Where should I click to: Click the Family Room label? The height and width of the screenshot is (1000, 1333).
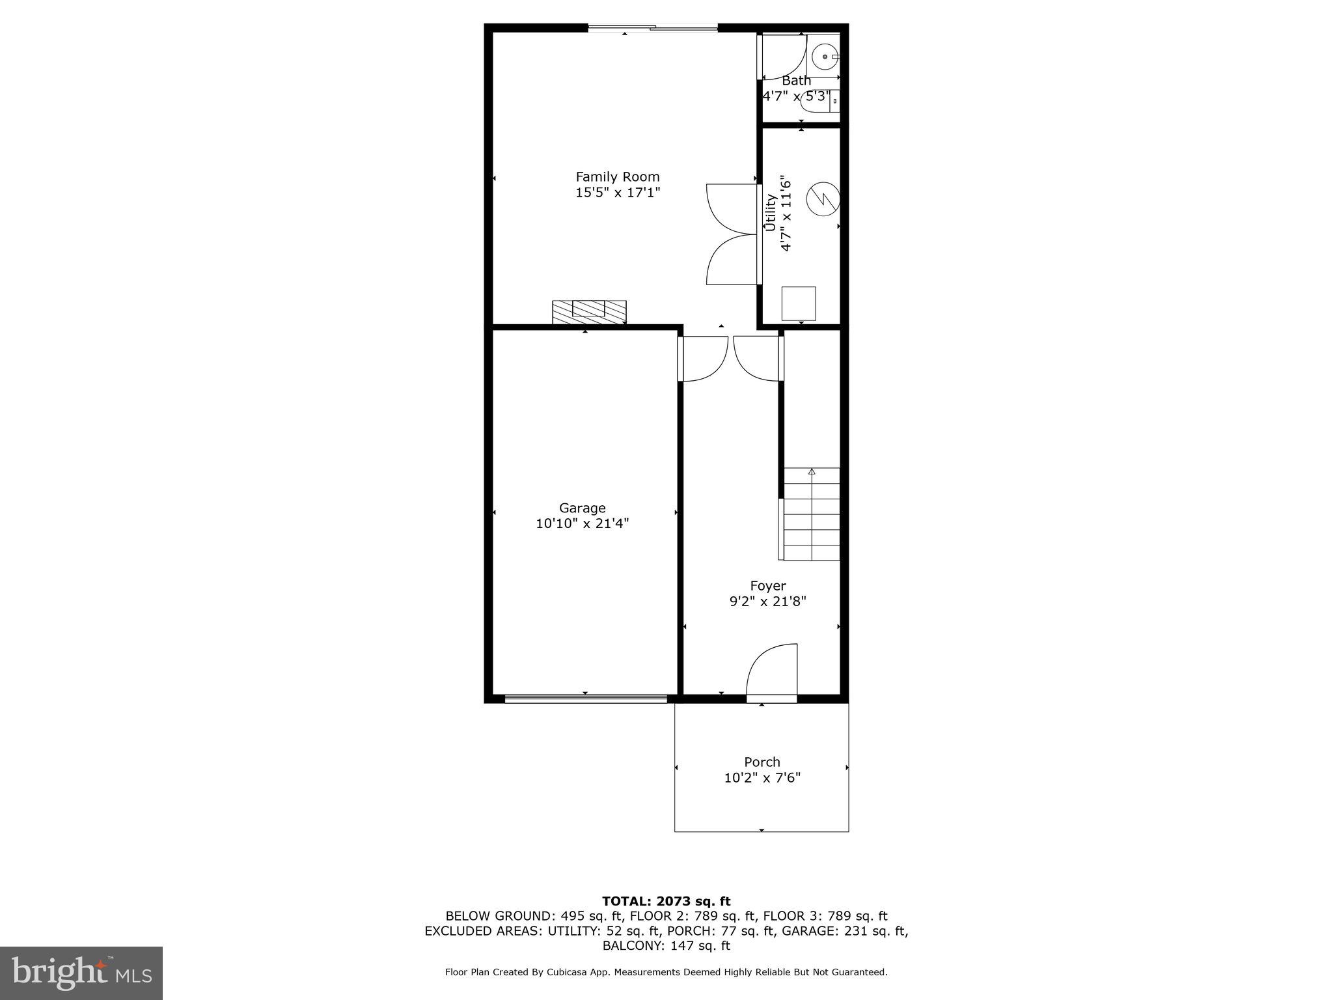(x=617, y=176)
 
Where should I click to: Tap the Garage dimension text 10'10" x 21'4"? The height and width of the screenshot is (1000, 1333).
(x=582, y=523)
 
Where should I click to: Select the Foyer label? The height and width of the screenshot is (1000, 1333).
(x=767, y=585)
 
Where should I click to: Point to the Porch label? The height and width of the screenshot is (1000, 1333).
(x=762, y=761)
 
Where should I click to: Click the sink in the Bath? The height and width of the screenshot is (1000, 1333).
(x=826, y=57)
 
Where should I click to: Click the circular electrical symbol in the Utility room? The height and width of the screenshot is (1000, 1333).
(x=823, y=199)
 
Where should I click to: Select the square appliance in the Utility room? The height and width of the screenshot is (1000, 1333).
(x=798, y=303)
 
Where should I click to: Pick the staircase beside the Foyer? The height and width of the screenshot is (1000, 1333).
(x=811, y=514)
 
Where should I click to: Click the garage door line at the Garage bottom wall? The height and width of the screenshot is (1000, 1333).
(x=586, y=699)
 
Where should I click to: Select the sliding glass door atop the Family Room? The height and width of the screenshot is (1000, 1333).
(x=653, y=28)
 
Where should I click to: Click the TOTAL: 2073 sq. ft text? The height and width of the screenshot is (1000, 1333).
(x=666, y=901)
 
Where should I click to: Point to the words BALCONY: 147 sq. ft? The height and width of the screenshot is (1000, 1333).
(x=666, y=945)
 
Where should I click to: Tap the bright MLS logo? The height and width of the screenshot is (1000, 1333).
(x=81, y=973)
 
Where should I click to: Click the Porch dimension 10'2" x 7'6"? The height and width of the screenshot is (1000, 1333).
(x=762, y=777)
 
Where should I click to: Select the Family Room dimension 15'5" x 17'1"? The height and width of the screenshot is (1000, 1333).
(x=617, y=193)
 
